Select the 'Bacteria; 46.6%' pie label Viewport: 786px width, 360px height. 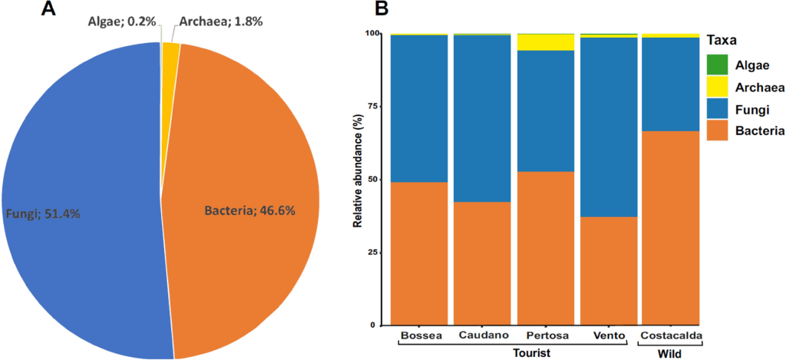click(249, 210)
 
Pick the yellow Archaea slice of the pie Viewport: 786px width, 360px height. click(170, 51)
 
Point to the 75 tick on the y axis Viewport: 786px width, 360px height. click(374, 107)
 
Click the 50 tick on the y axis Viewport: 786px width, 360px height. click(374, 180)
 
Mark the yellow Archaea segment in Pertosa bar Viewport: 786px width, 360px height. click(546, 42)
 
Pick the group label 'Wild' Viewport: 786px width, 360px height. click(670, 354)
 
